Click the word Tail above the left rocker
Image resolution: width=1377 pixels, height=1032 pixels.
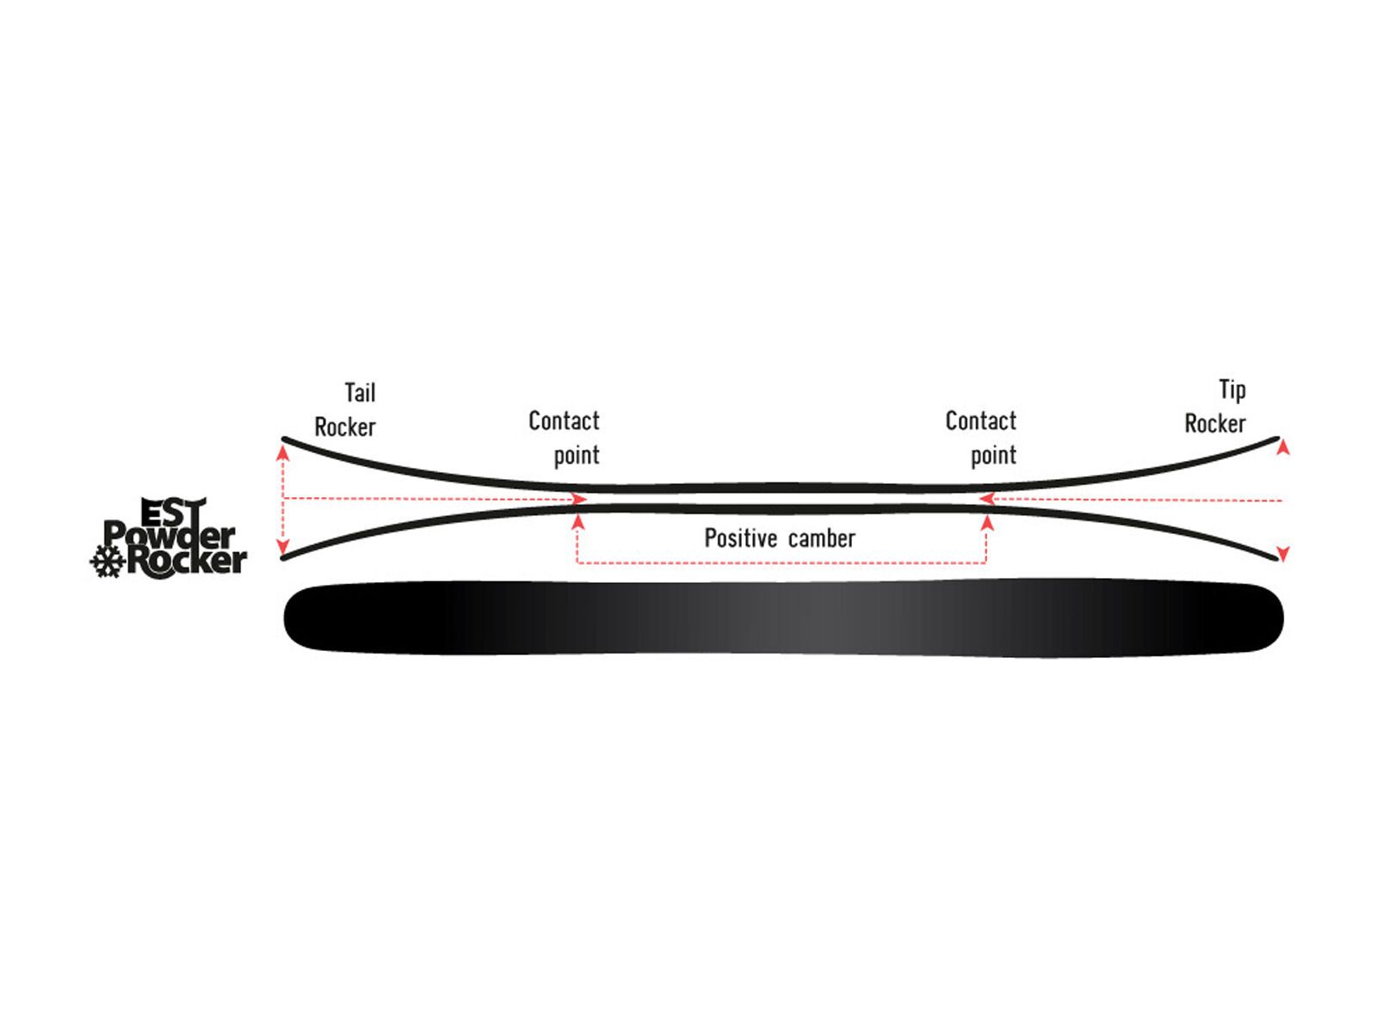pos(360,393)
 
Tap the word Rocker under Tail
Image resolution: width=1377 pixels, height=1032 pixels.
pos(344,427)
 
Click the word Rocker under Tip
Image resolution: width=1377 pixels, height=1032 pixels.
pos(1214,424)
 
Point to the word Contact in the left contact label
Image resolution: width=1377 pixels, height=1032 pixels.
pos(564,421)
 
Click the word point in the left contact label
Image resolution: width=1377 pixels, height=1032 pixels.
pos(576,456)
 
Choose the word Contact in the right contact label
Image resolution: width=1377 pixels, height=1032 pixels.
pos(980,421)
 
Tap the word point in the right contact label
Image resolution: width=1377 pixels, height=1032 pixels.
pos(993,456)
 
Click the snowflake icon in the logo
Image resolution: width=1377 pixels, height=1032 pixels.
pos(108,562)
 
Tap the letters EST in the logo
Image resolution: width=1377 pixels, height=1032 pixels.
pos(172,513)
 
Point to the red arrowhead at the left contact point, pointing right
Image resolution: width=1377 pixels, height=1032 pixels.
pos(579,499)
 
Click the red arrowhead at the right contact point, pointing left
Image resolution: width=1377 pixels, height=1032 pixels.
pos(987,499)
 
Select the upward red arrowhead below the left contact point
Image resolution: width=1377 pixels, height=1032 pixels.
pos(578,521)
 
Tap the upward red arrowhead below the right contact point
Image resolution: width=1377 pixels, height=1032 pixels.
pos(987,521)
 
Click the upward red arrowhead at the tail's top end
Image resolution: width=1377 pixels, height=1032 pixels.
pos(283,451)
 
